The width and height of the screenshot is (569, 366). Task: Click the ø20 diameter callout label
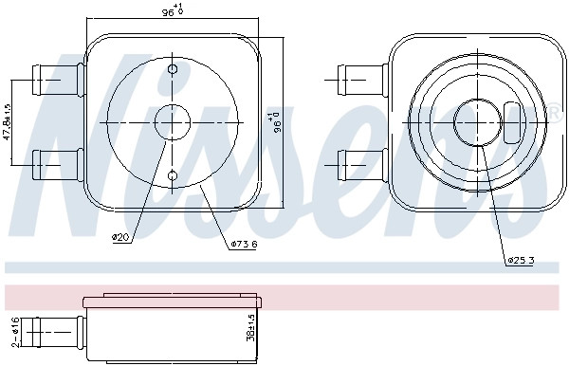(120, 238)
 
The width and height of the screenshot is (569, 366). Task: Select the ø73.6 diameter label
(245, 244)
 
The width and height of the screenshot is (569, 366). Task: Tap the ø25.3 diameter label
(521, 260)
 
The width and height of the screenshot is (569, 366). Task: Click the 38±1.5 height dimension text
(250, 327)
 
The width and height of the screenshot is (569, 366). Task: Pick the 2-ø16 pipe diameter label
(15, 332)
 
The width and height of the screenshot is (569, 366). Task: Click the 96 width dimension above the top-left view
(172, 9)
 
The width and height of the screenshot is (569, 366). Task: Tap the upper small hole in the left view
(173, 69)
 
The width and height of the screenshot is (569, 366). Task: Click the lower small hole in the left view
(173, 176)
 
